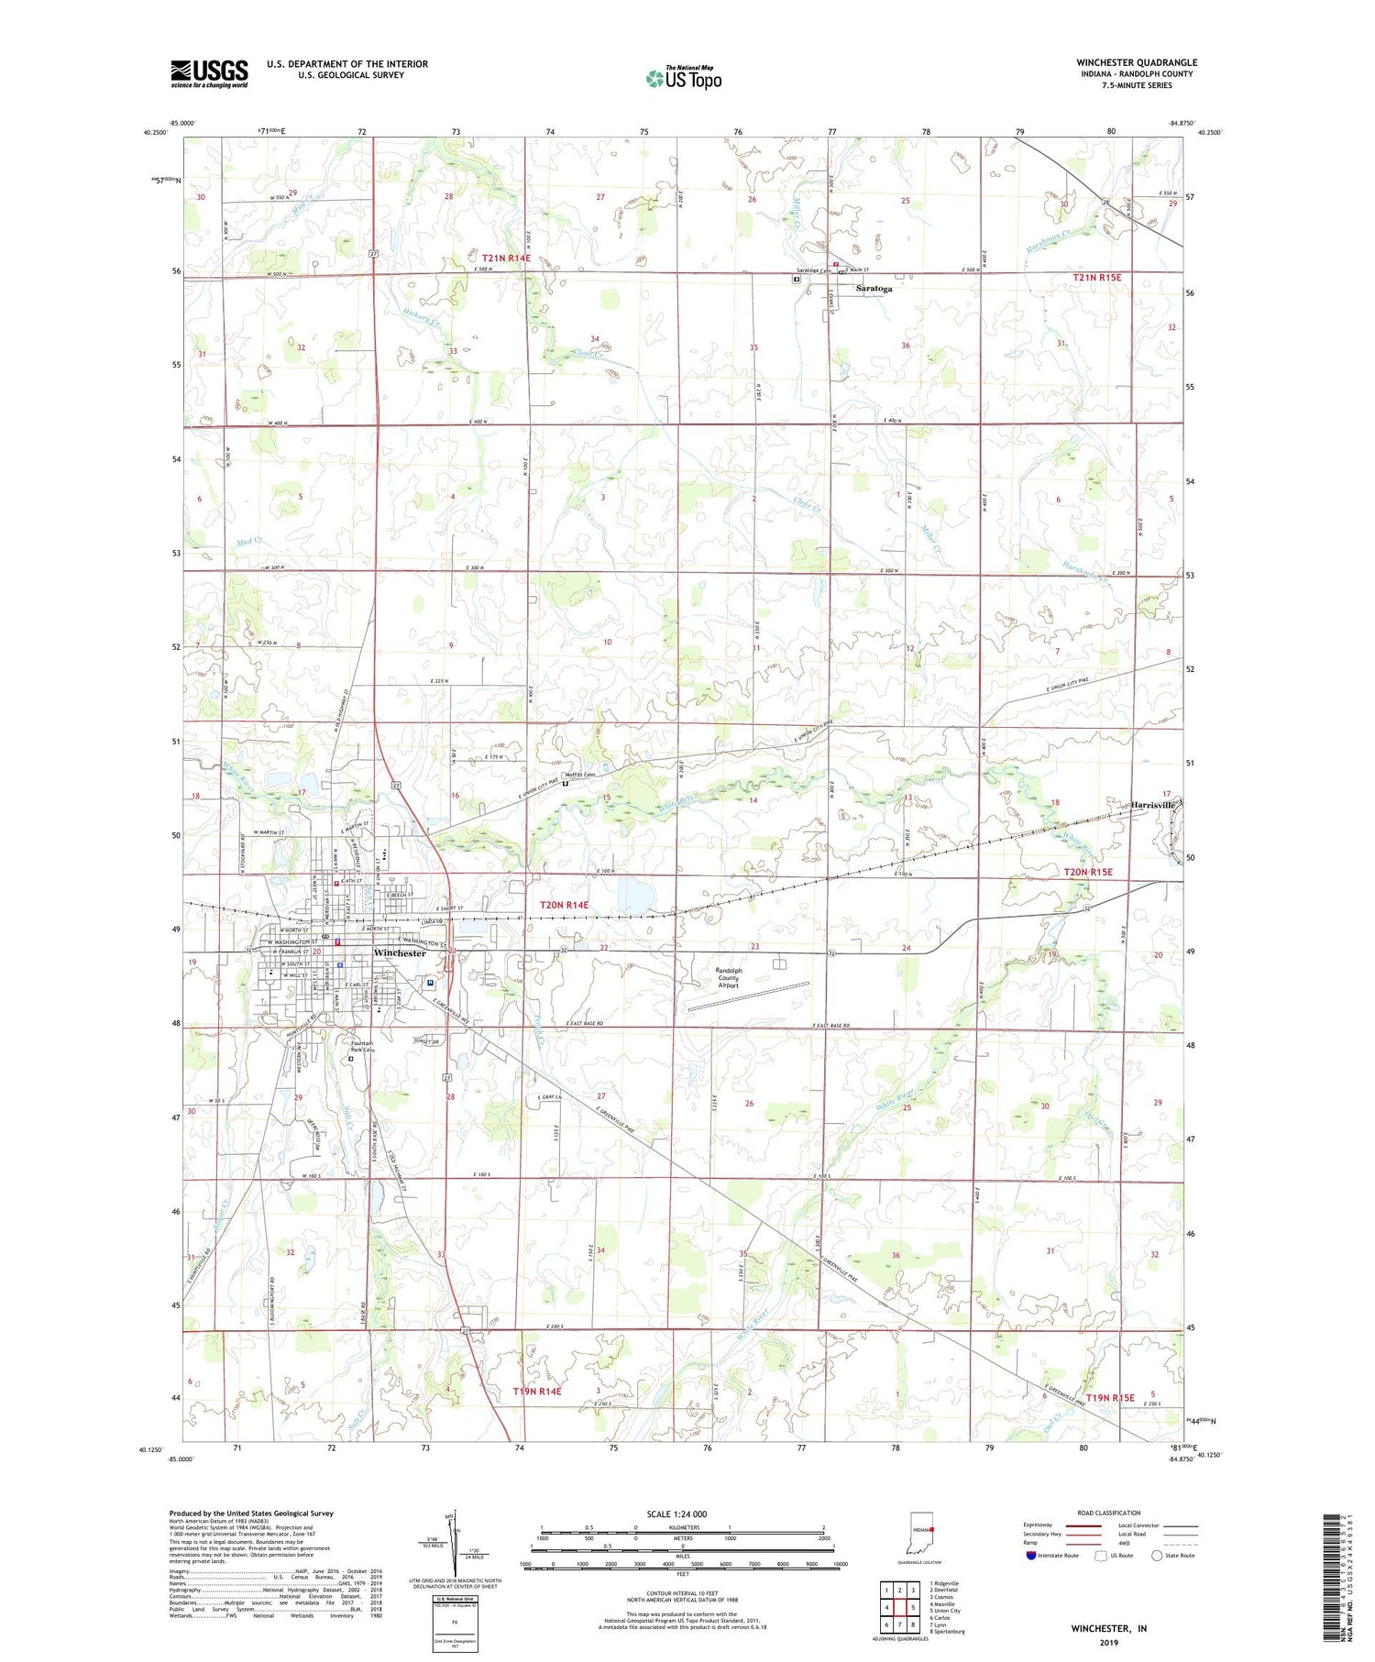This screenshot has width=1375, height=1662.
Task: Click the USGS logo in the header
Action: point(209,73)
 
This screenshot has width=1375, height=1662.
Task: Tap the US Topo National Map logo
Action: point(683,79)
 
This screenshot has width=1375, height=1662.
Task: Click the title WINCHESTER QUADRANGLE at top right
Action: point(1136,62)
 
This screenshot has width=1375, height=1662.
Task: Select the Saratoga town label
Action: point(873,289)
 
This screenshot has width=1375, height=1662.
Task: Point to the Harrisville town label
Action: point(1152,805)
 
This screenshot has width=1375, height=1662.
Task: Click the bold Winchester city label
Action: point(400,953)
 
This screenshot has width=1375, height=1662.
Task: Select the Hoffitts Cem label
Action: point(580,775)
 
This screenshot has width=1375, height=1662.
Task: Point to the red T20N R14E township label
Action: point(564,905)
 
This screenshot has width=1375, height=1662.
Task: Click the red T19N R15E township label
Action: point(1110,1398)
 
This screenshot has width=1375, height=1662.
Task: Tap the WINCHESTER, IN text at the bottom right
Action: point(1108,1628)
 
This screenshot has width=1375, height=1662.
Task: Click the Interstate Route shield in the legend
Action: point(1031,1555)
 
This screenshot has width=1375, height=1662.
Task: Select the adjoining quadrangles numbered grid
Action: point(899,1606)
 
